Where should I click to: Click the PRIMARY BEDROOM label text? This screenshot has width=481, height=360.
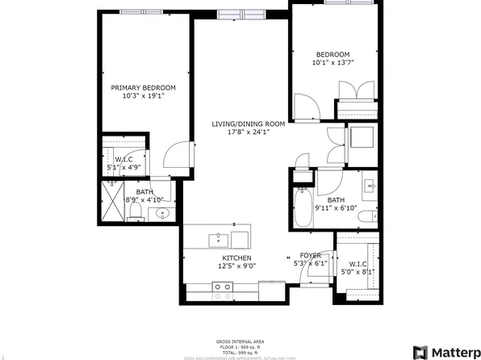[143, 87]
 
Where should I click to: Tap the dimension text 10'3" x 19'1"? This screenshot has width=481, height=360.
[143, 96]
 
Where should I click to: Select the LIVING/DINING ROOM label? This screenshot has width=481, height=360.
[249, 123]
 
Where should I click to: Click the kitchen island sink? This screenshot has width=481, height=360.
[219, 239]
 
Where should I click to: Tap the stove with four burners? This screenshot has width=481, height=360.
[222, 287]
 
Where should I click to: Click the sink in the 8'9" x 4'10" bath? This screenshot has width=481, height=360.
[163, 214]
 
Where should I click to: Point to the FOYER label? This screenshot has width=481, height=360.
[311, 255]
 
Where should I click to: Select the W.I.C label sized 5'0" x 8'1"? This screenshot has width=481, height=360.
[358, 264]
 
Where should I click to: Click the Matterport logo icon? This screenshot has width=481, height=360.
[420, 352]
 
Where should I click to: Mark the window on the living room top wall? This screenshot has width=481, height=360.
[240, 12]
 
